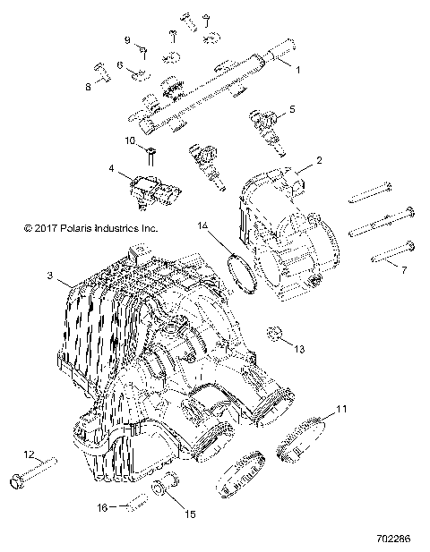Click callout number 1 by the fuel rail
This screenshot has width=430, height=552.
pyautogui.click(x=298, y=69)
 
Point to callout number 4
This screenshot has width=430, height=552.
pyautogui.click(x=111, y=168)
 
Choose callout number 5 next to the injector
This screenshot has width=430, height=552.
pyautogui.click(x=290, y=111)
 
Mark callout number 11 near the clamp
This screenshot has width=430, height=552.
pyautogui.click(x=340, y=411)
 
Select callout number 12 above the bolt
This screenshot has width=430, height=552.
pyautogui.click(x=28, y=454)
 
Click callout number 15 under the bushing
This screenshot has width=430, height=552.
pyautogui.click(x=190, y=514)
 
